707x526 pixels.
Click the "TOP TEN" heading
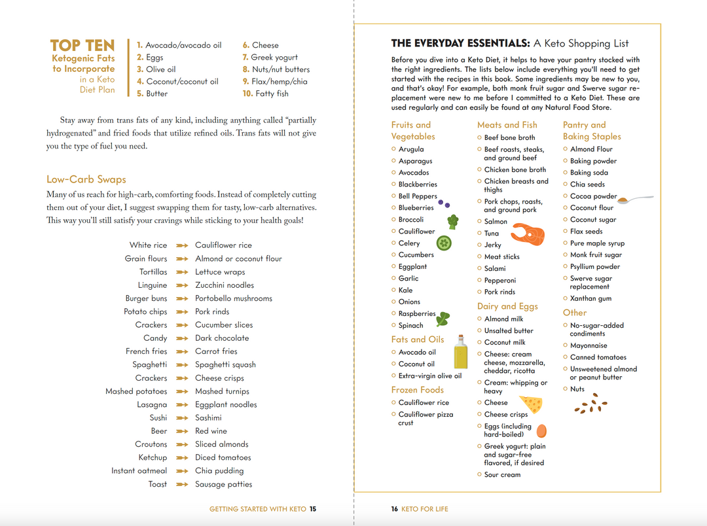(x=82, y=46)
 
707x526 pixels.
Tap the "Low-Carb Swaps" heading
(x=86, y=179)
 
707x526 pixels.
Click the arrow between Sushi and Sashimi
(x=182, y=418)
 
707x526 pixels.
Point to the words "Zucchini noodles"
(x=225, y=285)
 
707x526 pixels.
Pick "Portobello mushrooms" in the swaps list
(x=234, y=298)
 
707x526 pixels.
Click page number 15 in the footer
(x=313, y=509)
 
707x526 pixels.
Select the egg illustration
(x=541, y=430)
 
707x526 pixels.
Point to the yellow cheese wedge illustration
(x=531, y=404)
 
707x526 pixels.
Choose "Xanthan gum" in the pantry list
(x=590, y=298)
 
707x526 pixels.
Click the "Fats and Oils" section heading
(x=418, y=340)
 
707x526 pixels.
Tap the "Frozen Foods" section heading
(x=418, y=390)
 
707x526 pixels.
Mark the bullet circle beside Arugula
(x=393, y=149)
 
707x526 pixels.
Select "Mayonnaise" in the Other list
(x=589, y=345)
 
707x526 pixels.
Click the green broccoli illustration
(x=452, y=220)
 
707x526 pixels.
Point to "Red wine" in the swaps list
(x=211, y=431)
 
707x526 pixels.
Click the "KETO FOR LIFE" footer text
(x=425, y=509)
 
